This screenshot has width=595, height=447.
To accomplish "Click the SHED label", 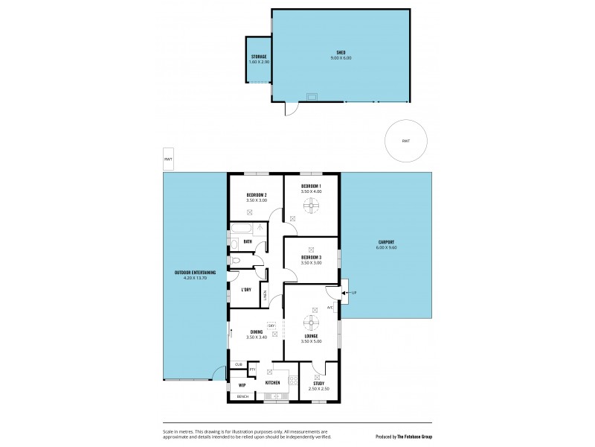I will [x=340, y=52].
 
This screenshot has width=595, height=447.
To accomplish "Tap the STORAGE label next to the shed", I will [x=259, y=57].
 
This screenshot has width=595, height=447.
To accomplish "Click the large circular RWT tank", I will [x=406, y=141].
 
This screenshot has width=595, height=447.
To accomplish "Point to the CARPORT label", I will [x=385, y=242].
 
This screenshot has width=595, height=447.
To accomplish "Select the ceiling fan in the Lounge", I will [x=312, y=322].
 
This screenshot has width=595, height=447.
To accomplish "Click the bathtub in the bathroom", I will [x=241, y=229].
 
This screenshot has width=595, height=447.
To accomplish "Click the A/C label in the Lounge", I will [x=329, y=307].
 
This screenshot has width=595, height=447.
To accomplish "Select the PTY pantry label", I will [x=252, y=369].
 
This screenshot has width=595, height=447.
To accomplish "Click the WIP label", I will [x=242, y=385].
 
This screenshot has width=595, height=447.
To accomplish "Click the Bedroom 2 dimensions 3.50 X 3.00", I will [x=256, y=200].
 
